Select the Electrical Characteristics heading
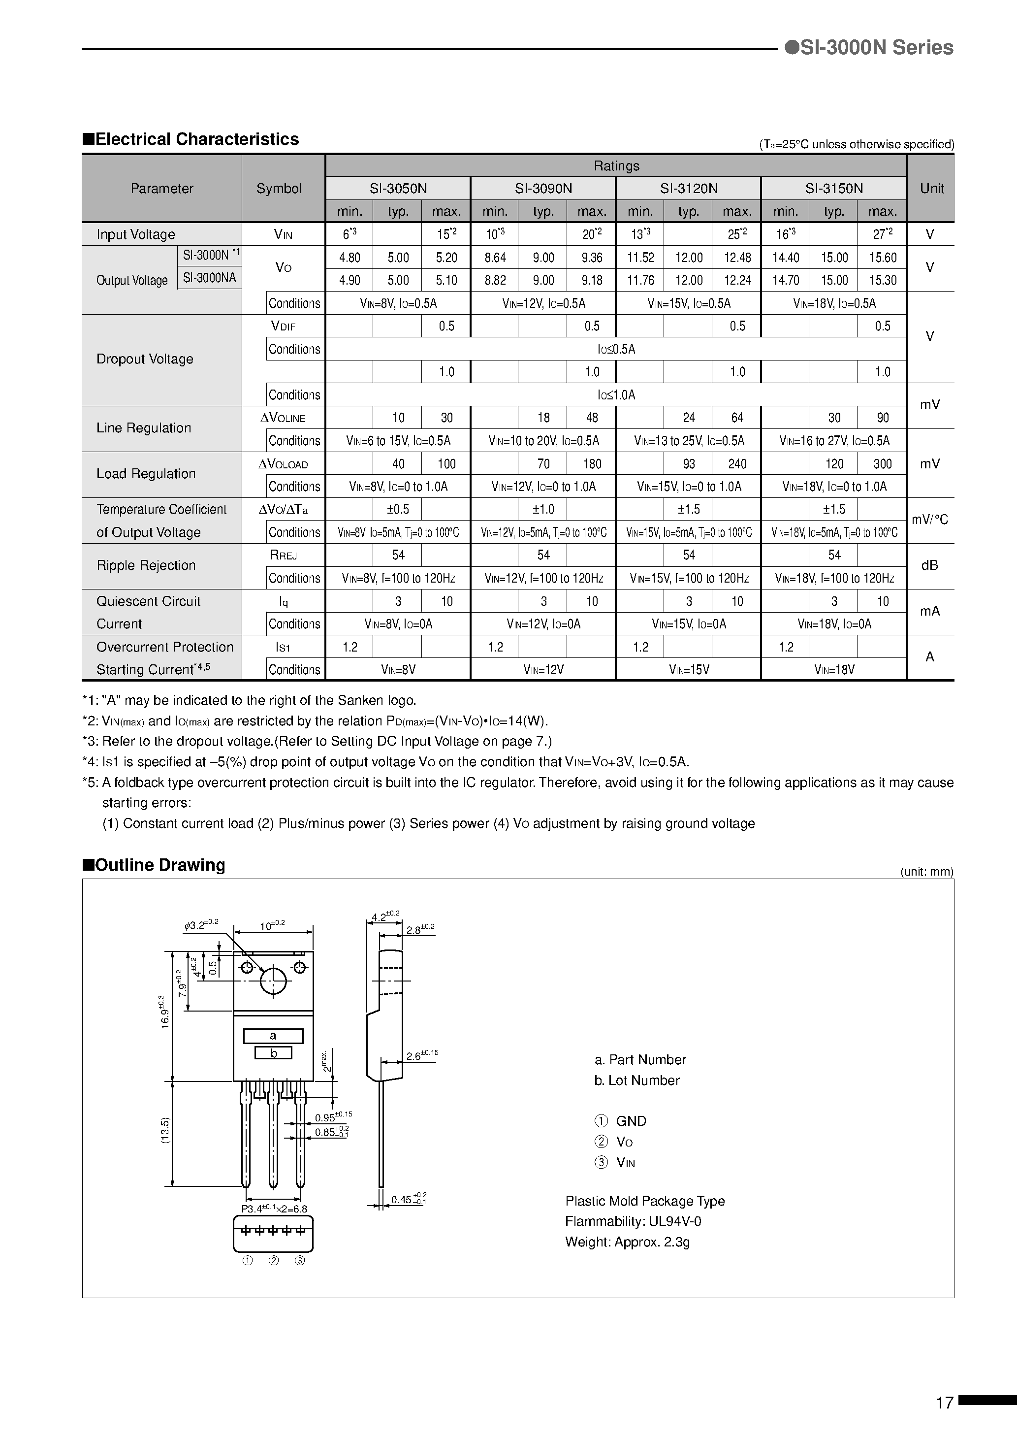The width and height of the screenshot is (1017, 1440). pos(191,139)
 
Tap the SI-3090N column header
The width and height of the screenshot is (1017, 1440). pos(543,188)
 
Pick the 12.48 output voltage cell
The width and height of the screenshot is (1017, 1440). pos(737,257)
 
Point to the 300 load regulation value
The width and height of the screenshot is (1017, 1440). pos(882,464)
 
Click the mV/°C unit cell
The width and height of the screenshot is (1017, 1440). pos(929,520)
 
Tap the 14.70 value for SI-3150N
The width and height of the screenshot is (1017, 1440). pos(785,280)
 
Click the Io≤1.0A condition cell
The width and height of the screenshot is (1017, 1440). pos(616,395)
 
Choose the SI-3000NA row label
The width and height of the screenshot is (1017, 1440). pos(209,278)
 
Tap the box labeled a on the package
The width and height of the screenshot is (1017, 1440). pos(273,1036)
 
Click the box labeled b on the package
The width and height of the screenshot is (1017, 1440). pos(273,1053)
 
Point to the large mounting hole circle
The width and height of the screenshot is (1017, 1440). pos(273,982)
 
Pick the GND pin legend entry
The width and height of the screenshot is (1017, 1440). pos(630,1121)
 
